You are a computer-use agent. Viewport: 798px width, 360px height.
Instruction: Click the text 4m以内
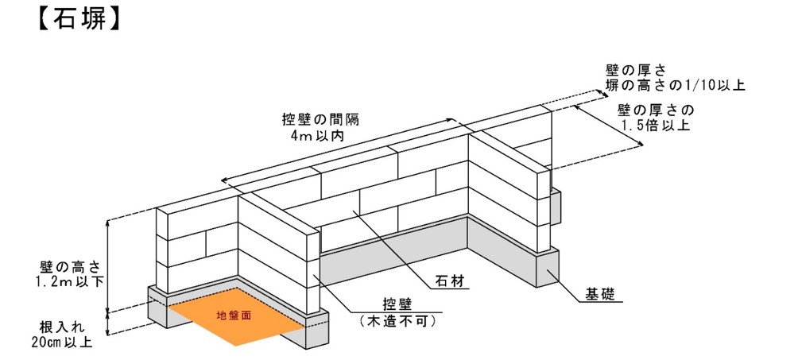pos(320,136)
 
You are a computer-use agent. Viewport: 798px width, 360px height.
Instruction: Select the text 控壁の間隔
pos(320,120)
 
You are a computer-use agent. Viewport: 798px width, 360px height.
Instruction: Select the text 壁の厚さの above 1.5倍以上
pos(655,110)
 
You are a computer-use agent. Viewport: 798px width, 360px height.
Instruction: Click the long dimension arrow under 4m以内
pos(342,152)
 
